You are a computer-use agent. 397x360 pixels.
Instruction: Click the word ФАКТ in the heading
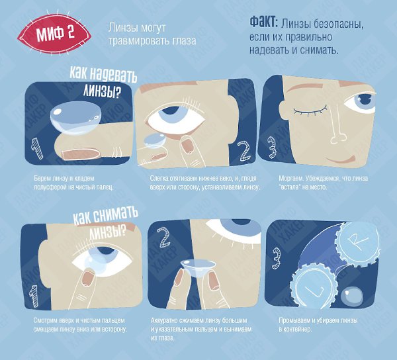pos(263,22)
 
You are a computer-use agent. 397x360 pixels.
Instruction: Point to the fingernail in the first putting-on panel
pos(81,154)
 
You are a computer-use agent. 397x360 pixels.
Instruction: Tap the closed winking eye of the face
pos(310,111)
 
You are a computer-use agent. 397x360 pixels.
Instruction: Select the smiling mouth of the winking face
pos(339,160)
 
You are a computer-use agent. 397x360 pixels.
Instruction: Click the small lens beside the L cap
pos(352,296)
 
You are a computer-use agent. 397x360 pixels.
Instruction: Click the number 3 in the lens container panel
pos(277,258)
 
